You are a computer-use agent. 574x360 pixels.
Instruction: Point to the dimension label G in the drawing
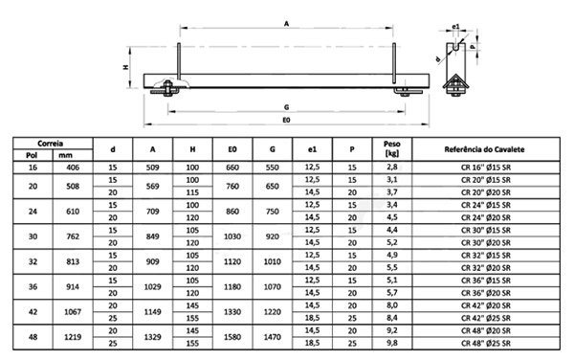(x=286, y=108)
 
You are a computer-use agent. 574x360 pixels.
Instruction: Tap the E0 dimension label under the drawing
(x=286, y=123)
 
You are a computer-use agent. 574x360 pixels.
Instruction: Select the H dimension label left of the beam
(x=125, y=67)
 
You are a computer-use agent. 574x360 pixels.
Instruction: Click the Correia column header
(x=51, y=143)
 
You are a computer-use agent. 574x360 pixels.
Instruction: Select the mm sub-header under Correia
(x=66, y=155)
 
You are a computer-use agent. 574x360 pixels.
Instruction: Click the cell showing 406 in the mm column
(x=66, y=167)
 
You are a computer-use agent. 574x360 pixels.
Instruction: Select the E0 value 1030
(x=232, y=236)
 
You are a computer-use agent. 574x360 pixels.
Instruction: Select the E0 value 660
(x=232, y=167)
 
